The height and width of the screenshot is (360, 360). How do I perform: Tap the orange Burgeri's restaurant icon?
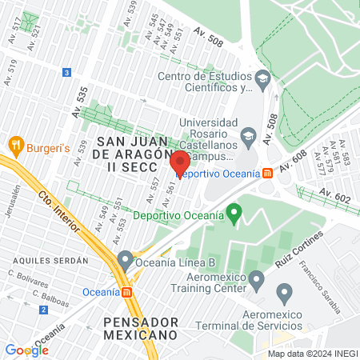coord(15,146)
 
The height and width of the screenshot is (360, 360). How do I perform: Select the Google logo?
coord(26,350)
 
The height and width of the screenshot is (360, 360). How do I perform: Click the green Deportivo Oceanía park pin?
coord(234,214)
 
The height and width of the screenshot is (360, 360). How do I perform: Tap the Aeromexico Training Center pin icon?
coord(257,281)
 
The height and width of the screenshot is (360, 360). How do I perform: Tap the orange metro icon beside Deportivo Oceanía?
coord(266,172)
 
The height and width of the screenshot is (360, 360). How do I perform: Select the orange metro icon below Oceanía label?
coord(125,291)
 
